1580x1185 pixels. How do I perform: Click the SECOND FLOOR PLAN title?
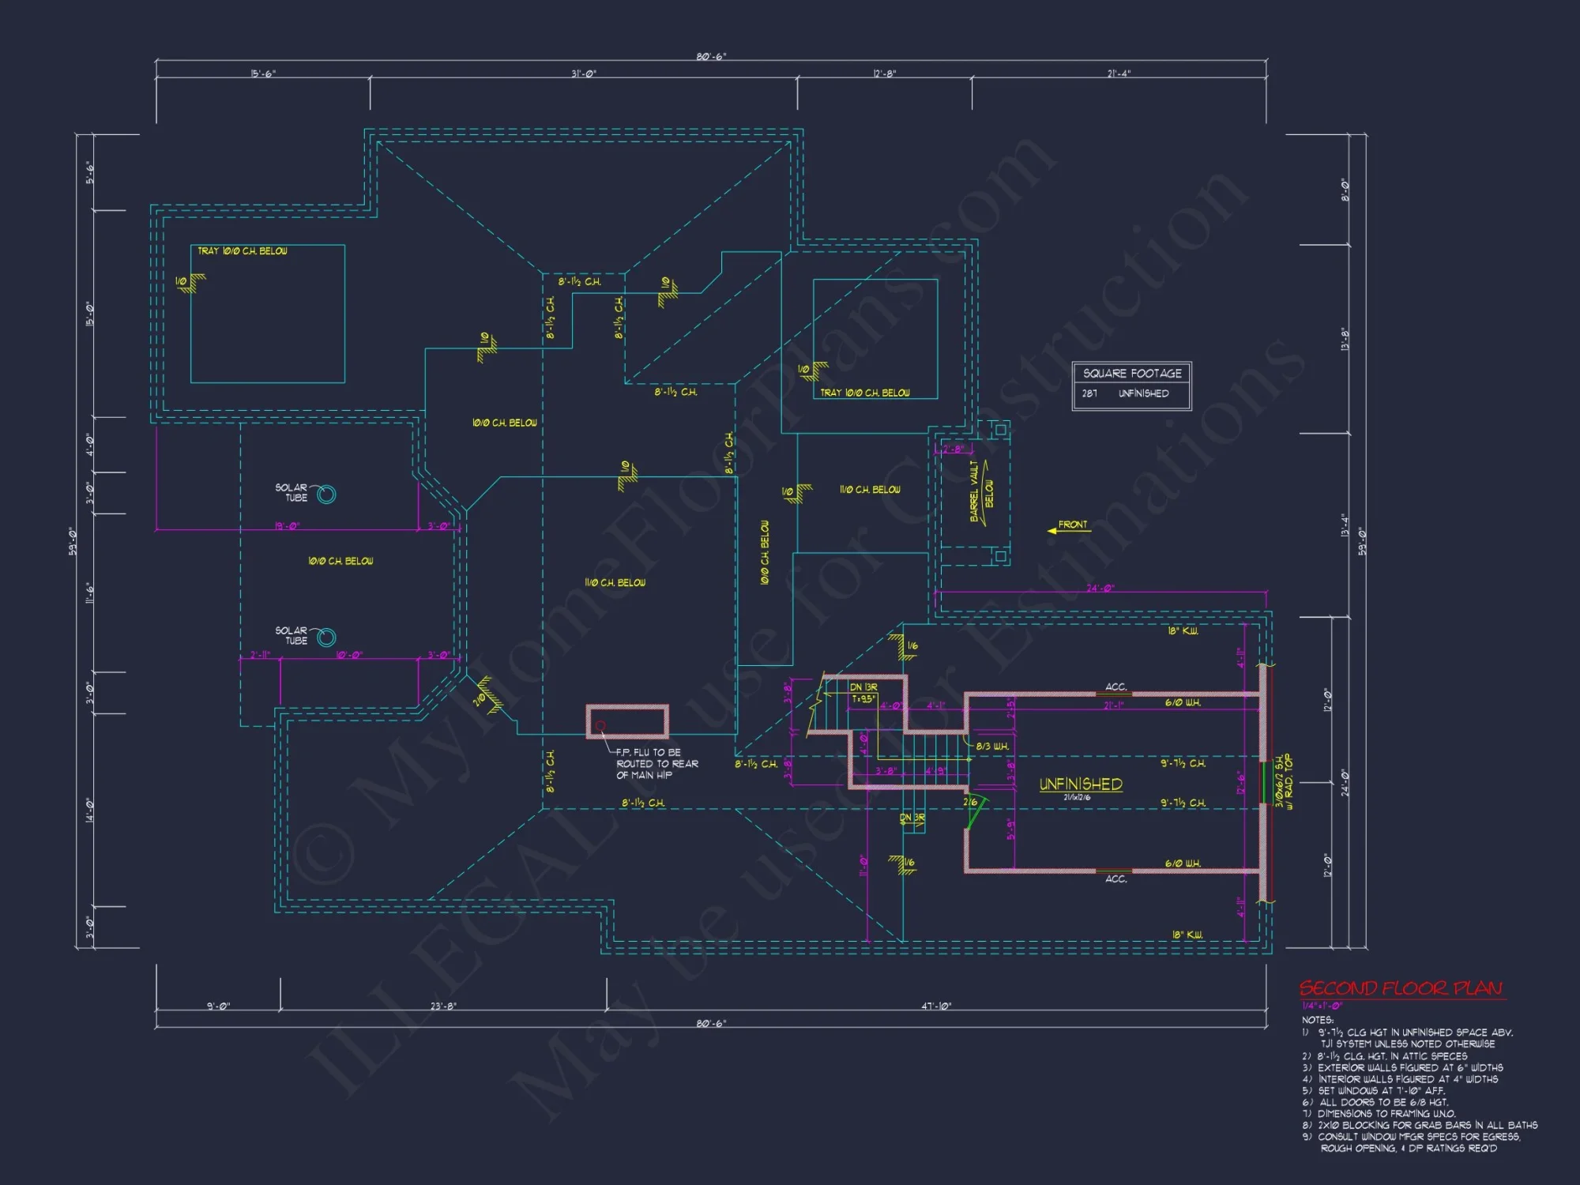point(1401,988)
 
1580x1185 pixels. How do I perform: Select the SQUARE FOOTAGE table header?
point(1131,374)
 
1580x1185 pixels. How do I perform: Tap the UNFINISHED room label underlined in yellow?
point(1080,784)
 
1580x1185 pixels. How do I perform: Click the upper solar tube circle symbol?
point(326,495)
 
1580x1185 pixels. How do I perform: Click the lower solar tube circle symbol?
point(326,638)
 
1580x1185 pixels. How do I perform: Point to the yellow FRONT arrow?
point(1069,527)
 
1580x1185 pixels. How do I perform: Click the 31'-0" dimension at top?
point(584,73)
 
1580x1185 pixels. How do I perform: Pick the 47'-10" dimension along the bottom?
point(936,1006)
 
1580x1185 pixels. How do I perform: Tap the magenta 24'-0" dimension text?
point(1099,589)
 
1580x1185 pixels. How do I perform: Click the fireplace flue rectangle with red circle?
point(627,722)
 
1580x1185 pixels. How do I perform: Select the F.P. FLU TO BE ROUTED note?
point(656,764)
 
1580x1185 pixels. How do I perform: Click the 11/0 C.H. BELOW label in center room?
point(615,583)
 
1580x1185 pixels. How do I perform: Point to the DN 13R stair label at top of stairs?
point(863,687)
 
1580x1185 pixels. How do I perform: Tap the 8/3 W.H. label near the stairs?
point(992,747)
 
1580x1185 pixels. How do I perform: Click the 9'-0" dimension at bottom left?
point(218,1006)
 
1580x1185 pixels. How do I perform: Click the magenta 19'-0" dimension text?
point(287,526)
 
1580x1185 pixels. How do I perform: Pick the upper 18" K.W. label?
point(1183,631)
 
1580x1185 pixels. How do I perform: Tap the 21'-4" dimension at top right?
point(1119,73)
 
